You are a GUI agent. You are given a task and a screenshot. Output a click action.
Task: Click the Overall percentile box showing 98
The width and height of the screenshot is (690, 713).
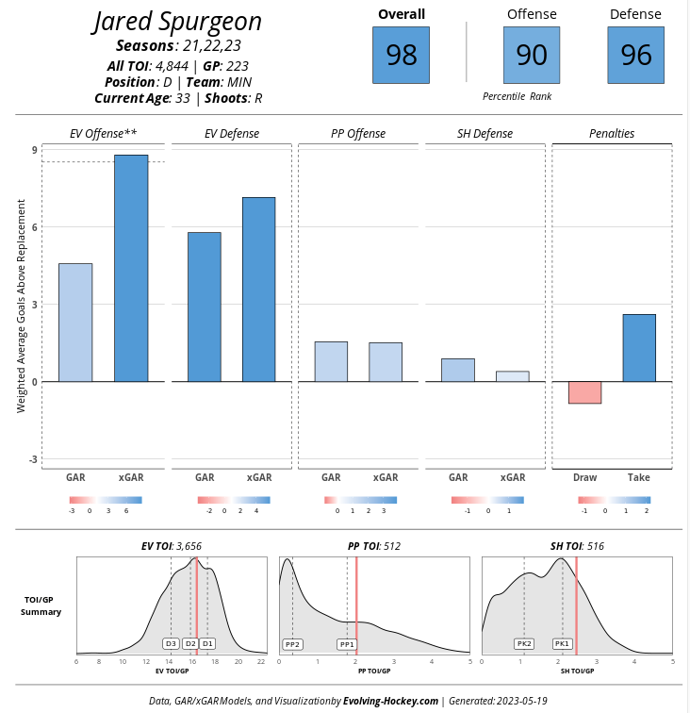click(x=401, y=55)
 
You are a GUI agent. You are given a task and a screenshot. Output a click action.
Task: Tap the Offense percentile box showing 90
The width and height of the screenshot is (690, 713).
click(x=532, y=55)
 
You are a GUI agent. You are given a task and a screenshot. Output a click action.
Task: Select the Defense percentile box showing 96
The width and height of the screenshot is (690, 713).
click(x=635, y=55)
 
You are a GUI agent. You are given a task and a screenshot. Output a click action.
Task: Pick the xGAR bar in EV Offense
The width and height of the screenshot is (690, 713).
click(x=131, y=268)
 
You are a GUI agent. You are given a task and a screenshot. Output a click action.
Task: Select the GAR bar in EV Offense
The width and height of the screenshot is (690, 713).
click(x=76, y=323)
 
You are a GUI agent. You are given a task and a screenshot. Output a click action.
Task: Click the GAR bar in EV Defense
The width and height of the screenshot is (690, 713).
click(x=204, y=307)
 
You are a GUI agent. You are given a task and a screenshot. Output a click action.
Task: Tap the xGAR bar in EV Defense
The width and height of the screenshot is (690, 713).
click(x=258, y=290)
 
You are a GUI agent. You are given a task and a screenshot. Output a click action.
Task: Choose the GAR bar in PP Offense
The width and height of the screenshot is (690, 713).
click(x=331, y=361)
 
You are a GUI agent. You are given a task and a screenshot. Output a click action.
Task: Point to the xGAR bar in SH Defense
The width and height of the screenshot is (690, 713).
click(x=512, y=376)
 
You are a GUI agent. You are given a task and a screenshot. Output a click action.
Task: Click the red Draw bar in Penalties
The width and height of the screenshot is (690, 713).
click(x=584, y=392)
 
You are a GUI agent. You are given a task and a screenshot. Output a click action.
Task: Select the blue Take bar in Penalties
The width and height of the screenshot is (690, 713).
click(x=639, y=348)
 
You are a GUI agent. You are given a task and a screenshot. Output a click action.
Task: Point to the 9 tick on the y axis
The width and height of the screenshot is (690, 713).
click(x=34, y=150)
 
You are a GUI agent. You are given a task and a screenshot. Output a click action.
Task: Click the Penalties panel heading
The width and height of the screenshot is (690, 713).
click(x=612, y=134)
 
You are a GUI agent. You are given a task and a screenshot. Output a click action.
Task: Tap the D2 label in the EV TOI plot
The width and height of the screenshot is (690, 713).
click(x=189, y=643)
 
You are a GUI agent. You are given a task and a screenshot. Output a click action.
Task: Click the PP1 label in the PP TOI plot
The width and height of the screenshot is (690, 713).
click(x=347, y=644)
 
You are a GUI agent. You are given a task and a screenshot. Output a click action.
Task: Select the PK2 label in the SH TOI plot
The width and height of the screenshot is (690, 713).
click(x=524, y=643)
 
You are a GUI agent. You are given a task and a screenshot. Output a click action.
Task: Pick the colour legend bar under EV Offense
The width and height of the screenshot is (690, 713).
click(x=105, y=500)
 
